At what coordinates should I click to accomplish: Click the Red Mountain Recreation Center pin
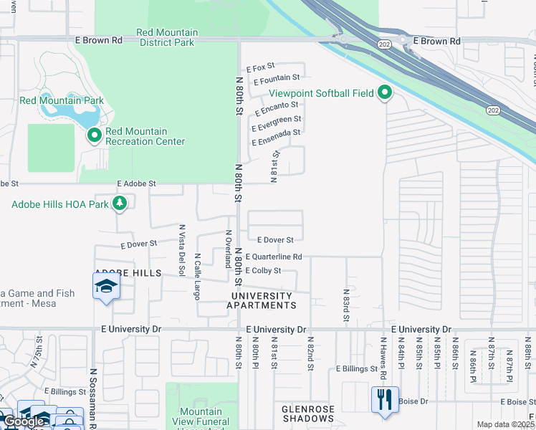pos(94,135)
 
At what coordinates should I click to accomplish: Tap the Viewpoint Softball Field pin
pos(386,92)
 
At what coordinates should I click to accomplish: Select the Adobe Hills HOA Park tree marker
pos(120,204)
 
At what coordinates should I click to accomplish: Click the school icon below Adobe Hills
pos(107,288)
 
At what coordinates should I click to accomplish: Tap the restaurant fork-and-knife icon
pos(385,398)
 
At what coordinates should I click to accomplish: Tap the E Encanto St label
pos(273,105)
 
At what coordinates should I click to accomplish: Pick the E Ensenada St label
pos(275,133)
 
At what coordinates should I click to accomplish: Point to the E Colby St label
pos(263,270)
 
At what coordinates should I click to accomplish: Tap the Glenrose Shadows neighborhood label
pos(307,413)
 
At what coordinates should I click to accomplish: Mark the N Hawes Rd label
pos(383,358)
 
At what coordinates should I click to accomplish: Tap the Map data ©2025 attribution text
pos(504,424)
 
